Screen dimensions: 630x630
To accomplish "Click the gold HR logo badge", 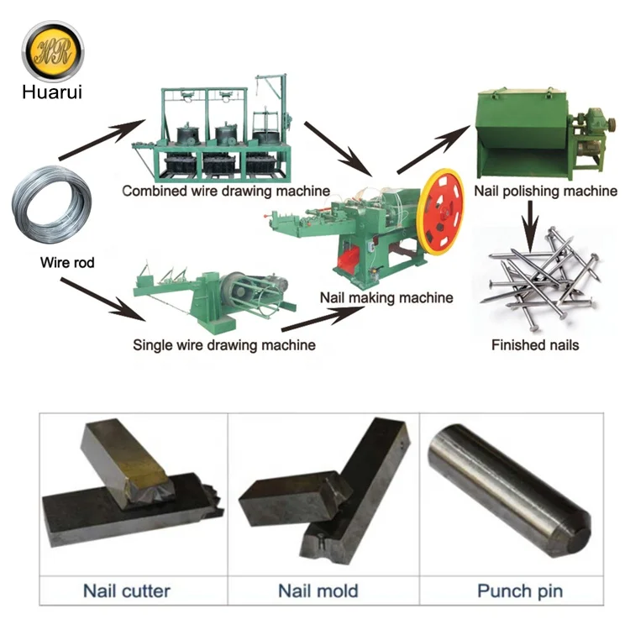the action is point(53,52).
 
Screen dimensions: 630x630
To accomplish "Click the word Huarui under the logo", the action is point(52,92).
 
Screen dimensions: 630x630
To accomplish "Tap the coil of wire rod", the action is point(52,204).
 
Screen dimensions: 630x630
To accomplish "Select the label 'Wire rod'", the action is point(67,262).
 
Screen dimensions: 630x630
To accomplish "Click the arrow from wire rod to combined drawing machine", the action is point(102,139).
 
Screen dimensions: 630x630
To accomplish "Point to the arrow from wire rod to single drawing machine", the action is point(102,299).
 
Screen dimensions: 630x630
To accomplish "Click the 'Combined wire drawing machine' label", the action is point(226,191).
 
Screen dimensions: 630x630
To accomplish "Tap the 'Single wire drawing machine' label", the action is point(224,345).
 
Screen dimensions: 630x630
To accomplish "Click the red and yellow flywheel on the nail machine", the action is point(440,212).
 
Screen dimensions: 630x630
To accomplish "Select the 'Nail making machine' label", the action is point(386,297).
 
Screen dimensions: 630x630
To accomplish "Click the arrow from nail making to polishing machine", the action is point(433,150).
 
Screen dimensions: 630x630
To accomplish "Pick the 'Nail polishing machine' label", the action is point(546,191).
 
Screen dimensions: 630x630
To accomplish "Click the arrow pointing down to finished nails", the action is point(530,227).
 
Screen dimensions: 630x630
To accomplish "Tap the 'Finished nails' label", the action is point(535,345).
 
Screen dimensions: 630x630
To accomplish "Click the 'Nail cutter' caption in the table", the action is point(127,591).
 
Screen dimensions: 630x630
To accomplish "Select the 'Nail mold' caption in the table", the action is point(318,591).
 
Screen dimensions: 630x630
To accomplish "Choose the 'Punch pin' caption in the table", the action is point(520,591).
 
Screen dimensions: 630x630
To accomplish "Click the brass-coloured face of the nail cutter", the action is point(147,471).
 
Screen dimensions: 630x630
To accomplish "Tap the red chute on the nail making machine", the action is point(348,259).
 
